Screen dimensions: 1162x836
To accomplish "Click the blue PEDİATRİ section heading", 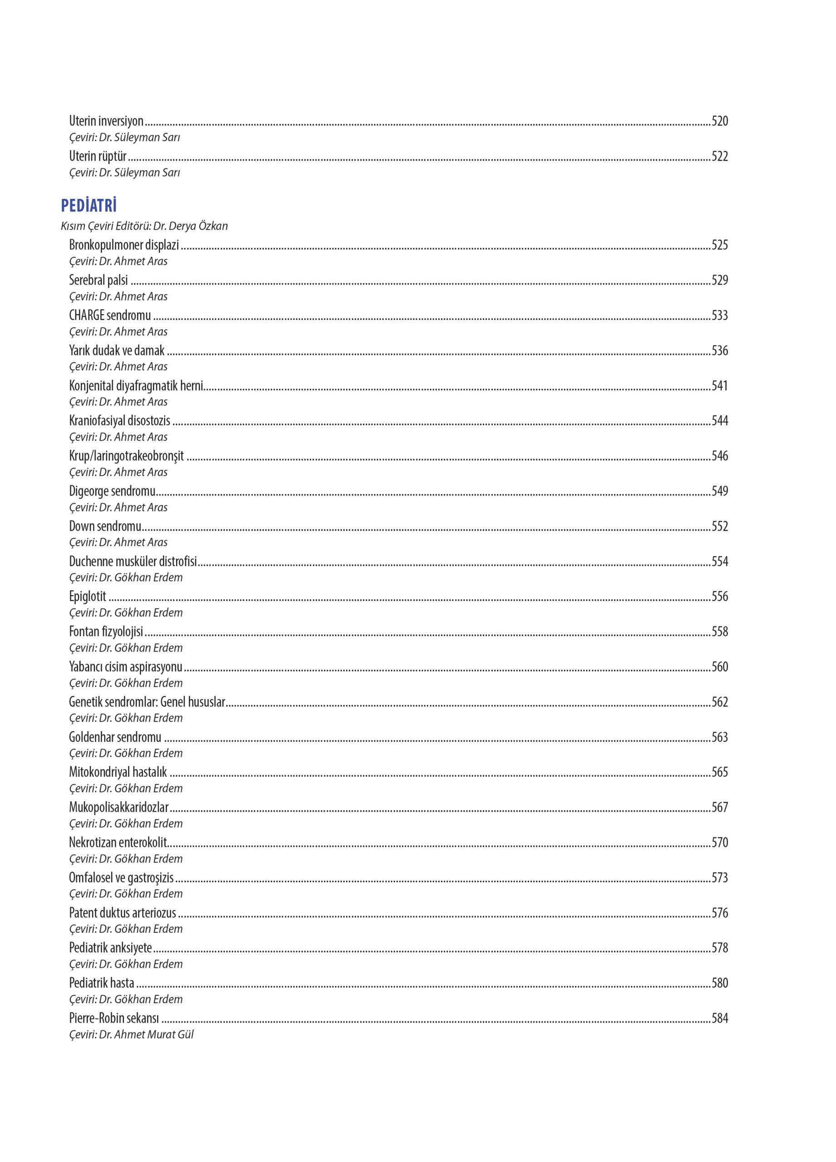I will click(x=89, y=206).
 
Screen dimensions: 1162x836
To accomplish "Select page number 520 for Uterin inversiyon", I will click(x=719, y=121).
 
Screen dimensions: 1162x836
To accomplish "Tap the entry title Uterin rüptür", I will click(x=98, y=156).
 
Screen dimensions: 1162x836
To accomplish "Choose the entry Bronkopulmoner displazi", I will click(x=124, y=245).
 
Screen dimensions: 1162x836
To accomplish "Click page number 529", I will click(x=719, y=280).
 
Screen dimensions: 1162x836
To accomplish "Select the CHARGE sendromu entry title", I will click(x=110, y=315).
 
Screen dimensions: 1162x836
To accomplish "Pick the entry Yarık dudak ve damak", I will click(x=117, y=350).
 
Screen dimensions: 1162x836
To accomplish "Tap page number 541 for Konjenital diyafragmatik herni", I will click(x=719, y=385).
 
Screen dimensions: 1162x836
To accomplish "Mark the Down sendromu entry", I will click(x=105, y=526).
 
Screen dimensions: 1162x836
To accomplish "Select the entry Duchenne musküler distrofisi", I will click(x=133, y=561).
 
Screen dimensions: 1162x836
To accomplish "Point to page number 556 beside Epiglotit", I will click(x=719, y=596).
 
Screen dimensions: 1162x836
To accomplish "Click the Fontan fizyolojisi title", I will click(x=106, y=632).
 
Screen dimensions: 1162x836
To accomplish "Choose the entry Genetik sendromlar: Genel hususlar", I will click(x=147, y=702).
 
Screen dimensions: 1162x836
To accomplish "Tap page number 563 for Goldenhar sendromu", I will click(x=719, y=737).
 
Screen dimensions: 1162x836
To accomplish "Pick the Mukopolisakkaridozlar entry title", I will click(x=119, y=807).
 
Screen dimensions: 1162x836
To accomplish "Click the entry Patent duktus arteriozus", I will click(x=123, y=913).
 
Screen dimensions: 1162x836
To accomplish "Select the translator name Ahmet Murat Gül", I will click(x=154, y=1034).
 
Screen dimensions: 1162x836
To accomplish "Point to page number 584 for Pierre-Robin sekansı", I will click(x=719, y=1019).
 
